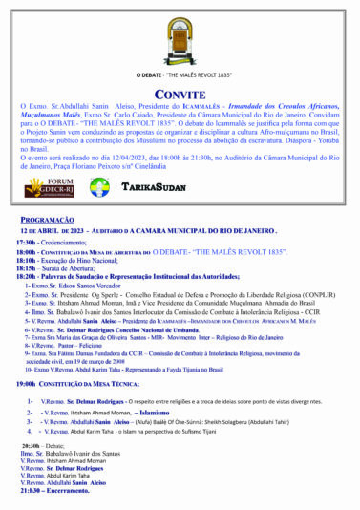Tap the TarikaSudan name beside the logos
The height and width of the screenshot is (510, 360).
[x=153, y=186]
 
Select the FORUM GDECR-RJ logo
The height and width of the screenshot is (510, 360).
[x=50, y=187]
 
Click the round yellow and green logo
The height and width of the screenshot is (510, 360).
[x=99, y=187]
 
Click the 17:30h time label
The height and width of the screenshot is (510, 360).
[x=26, y=243]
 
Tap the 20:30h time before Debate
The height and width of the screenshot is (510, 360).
[x=32, y=446]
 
